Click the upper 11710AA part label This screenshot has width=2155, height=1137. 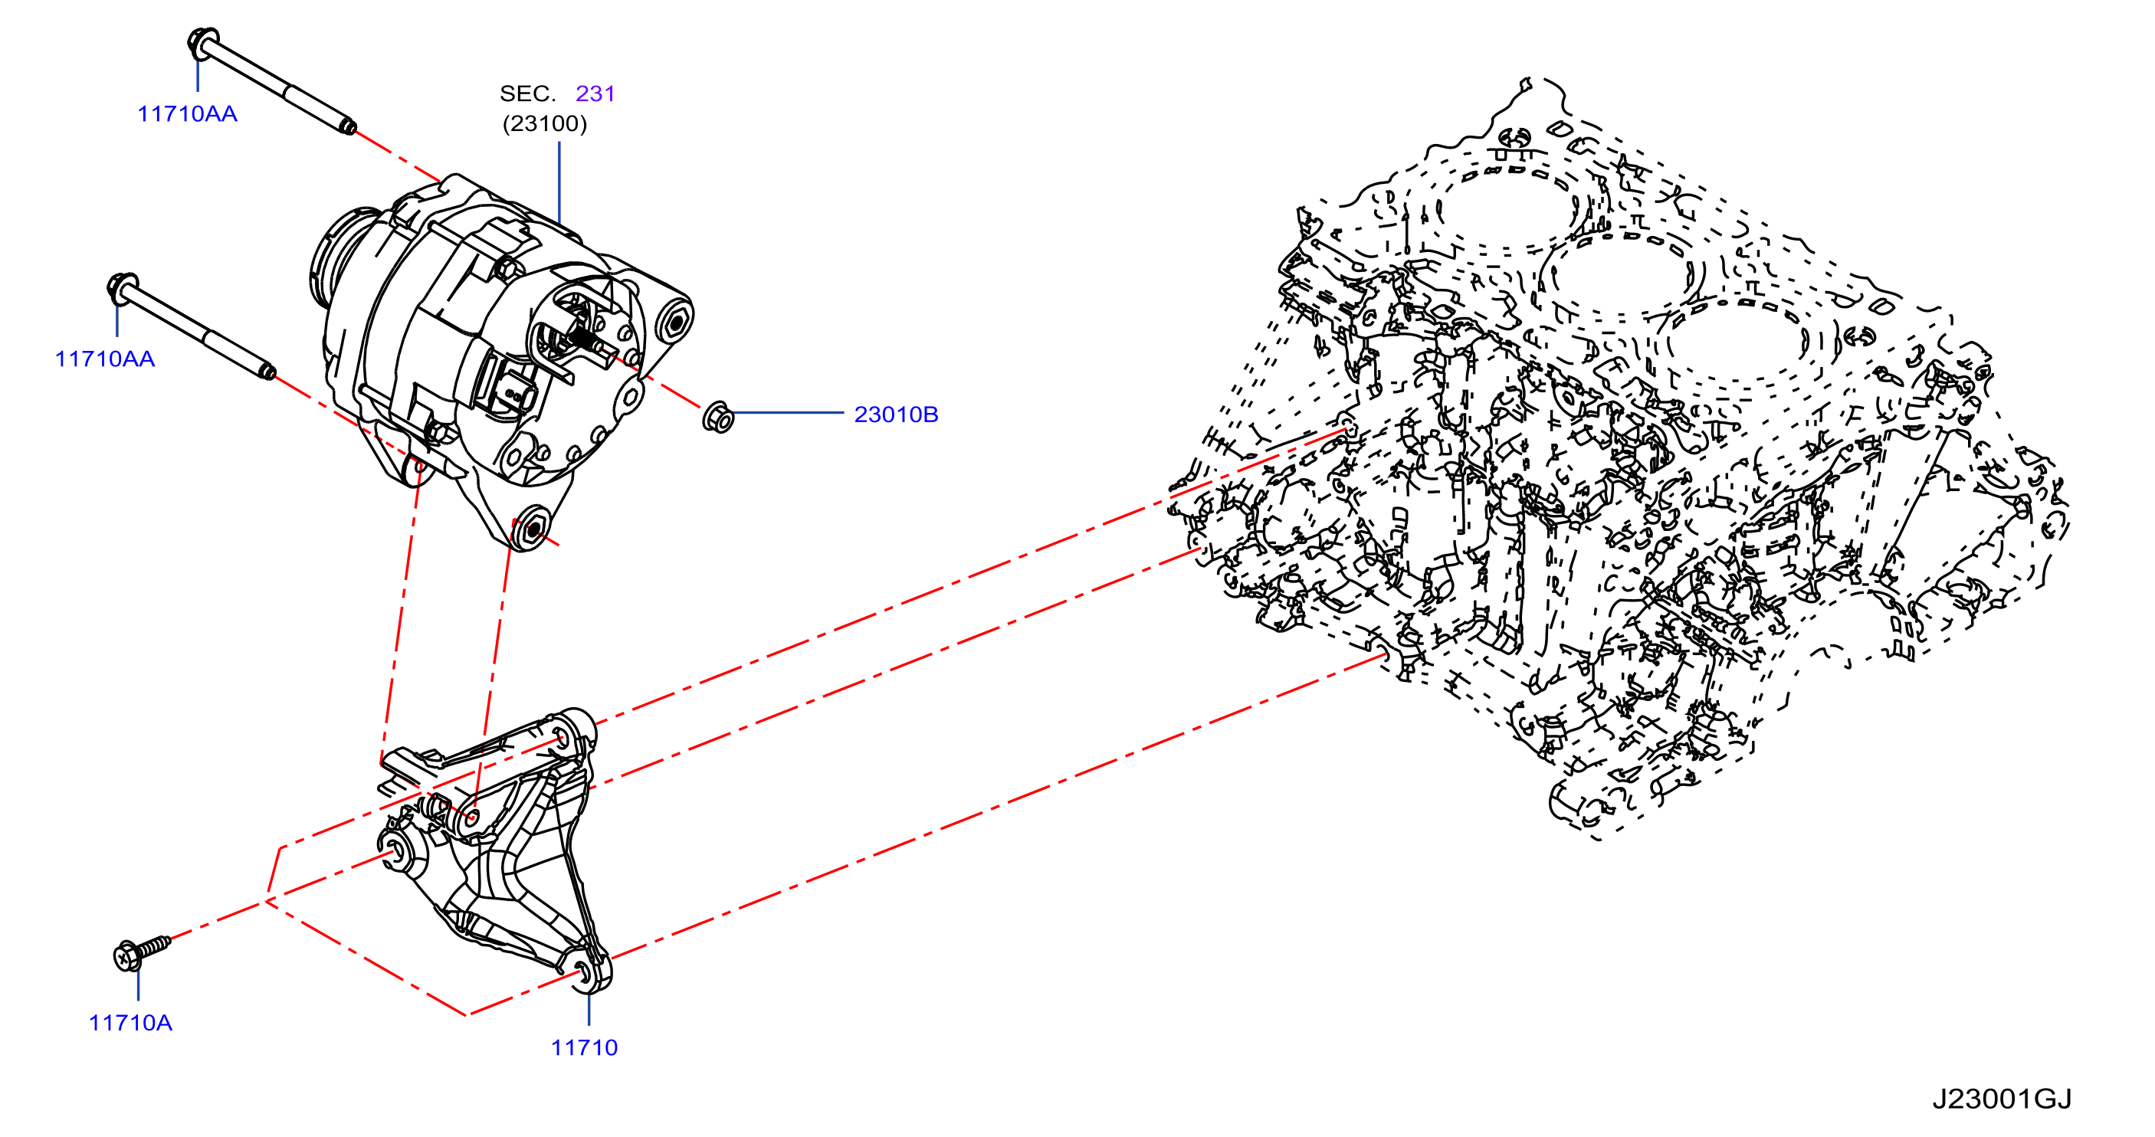[x=188, y=114]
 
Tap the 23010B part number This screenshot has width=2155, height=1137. [x=896, y=414]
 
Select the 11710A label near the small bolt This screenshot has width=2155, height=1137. [x=130, y=1022]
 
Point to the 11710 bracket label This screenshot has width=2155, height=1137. [x=584, y=1047]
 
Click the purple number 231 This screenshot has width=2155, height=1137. [x=595, y=93]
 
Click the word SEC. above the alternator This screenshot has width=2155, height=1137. [x=528, y=93]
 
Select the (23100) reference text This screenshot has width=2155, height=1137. [x=545, y=124]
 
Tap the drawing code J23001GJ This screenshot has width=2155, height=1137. [x=2002, y=1099]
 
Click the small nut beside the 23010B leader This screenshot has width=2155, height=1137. [x=718, y=417]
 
